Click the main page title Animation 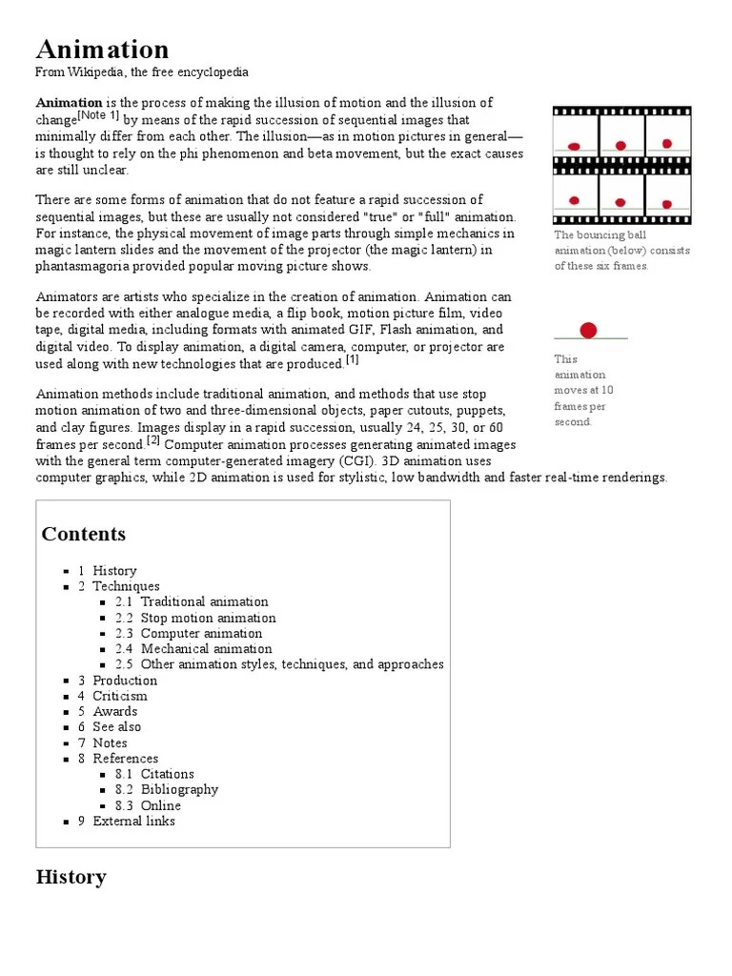(102, 49)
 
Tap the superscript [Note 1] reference (98, 116)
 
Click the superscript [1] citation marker (352, 359)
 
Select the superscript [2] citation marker (153, 440)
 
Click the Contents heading (84, 534)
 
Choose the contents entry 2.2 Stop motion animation (195, 618)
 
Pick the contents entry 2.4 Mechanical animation (193, 648)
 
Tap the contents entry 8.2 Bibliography (167, 789)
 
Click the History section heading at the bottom (71, 877)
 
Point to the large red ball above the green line (589, 330)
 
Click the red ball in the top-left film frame (574, 146)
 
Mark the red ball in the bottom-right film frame (667, 204)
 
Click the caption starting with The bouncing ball (621, 250)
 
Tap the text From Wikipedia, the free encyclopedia (142, 72)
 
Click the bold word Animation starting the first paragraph (69, 103)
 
